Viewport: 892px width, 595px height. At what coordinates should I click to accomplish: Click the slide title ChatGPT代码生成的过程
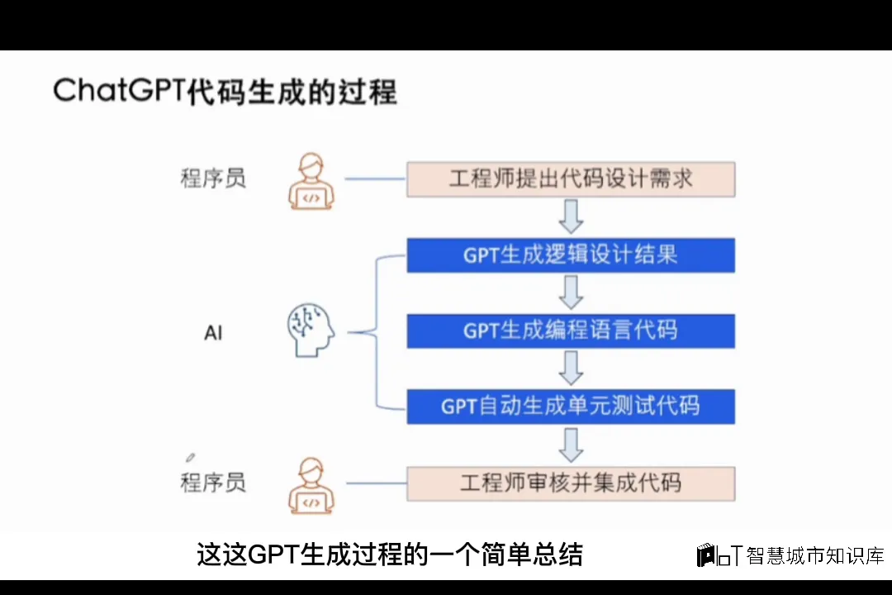225,91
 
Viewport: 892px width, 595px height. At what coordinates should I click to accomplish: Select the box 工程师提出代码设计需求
570,178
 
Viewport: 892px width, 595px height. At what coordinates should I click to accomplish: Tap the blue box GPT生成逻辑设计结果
570,255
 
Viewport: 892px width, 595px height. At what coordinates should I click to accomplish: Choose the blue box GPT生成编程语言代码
570,331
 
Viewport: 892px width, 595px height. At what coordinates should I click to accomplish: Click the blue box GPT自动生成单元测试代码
570,406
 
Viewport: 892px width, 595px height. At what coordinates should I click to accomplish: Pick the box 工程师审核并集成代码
570,483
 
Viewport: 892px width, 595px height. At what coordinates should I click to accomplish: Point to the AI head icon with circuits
311,331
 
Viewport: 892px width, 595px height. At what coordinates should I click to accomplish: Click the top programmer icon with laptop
311,181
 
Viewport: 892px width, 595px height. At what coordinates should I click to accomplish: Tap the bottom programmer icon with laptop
311,485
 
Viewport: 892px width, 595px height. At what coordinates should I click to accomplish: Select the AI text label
213,333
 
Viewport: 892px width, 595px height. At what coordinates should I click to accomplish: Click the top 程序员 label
213,178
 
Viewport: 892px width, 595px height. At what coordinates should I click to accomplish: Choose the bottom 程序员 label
213,483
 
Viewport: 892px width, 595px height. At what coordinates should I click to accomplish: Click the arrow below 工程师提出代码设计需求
571,217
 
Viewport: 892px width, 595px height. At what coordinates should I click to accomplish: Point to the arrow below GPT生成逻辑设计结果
571,293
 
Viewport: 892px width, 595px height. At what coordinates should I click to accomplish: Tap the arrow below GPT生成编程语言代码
571,368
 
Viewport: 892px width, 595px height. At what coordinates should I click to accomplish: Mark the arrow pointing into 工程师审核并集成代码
571,445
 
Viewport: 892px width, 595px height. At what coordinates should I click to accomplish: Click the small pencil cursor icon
191,456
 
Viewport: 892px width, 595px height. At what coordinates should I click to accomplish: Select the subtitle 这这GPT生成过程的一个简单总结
390,555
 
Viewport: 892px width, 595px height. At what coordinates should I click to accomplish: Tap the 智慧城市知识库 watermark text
814,555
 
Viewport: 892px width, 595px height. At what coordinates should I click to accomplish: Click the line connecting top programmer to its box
374,178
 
